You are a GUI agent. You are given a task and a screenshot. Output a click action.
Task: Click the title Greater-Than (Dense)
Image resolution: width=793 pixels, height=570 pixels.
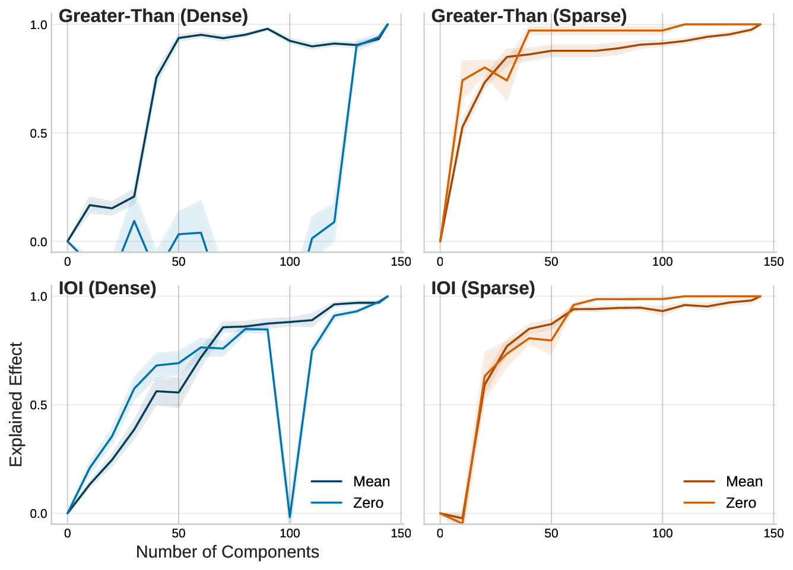click(x=153, y=16)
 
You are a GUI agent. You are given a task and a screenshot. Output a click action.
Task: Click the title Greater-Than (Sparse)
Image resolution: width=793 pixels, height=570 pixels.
click(x=528, y=16)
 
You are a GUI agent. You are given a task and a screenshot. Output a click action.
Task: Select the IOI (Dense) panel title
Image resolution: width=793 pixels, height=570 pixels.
click(x=107, y=288)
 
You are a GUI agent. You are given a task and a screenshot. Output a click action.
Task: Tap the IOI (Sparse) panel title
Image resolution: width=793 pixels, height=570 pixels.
click(x=483, y=288)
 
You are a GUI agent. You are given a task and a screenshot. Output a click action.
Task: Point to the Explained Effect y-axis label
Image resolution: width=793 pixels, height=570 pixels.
click(x=16, y=405)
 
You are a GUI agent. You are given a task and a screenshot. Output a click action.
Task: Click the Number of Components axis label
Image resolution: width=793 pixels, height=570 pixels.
click(x=227, y=552)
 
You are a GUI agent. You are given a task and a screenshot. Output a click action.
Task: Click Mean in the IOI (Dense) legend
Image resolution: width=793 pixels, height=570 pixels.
click(x=371, y=482)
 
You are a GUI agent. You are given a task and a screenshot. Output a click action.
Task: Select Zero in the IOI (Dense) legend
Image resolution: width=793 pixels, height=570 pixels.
click(x=368, y=503)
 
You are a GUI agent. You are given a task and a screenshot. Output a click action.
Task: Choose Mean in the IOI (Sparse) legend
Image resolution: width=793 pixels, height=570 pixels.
click(x=744, y=482)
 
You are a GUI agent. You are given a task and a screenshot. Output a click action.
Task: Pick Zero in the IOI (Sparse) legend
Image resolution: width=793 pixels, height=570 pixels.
click(x=741, y=503)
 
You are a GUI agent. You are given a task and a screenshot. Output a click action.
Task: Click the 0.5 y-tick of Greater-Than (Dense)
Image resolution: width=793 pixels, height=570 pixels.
click(x=39, y=133)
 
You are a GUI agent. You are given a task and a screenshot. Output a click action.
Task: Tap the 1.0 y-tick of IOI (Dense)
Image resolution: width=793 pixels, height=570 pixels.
click(x=39, y=297)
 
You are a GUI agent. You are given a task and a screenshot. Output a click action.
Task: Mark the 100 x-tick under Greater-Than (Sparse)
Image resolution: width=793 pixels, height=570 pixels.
click(x=662, y=262)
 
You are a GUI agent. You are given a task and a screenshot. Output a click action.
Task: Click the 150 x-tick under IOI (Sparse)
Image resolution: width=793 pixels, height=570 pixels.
click(x=773, y=533)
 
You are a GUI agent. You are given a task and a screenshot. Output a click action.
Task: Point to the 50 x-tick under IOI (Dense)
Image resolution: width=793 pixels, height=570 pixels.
click(x=179, y=533)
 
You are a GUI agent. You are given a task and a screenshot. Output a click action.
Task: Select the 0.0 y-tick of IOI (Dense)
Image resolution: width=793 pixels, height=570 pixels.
click(x=39, y=514)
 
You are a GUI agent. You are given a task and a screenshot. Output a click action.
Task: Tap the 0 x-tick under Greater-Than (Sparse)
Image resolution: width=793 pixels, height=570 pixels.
click(x=440, y=262)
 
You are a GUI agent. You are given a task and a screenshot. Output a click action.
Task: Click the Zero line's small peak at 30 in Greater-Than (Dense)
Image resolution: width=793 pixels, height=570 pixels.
click(x=134, y=221)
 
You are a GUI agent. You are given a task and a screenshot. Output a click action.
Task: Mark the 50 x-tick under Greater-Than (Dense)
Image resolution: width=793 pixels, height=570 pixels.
click(x=179, y=262)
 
